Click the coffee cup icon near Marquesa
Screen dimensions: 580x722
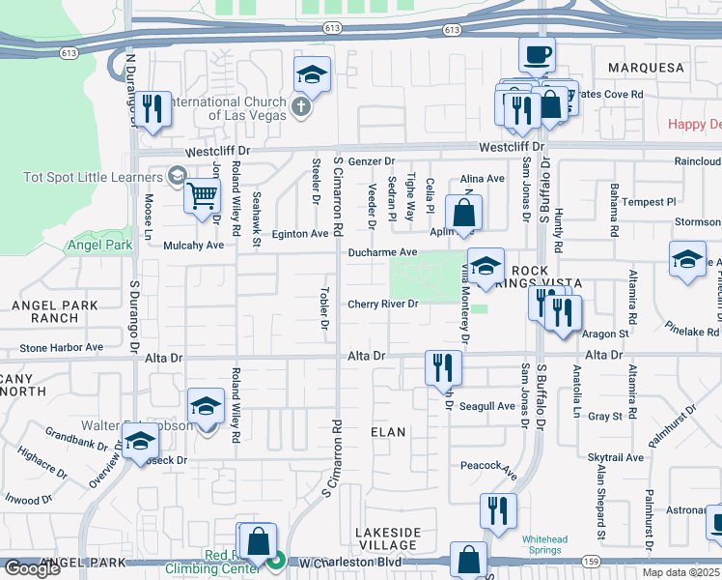tap(537, 54)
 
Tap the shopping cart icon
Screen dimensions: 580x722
tap(202, 195)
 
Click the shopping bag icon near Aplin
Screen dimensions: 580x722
tap(464, 212)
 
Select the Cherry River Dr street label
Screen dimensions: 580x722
tap(382, 304)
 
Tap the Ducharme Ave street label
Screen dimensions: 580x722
tap(382, 252)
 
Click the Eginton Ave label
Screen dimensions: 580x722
tap(299, 234)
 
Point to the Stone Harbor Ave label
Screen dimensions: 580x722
tap(61, 347)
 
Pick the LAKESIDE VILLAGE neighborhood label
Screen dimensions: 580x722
tap(387, 538)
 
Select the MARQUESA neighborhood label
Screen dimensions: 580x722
tap(646, 69)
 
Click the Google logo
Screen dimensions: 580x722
tap(32, 568)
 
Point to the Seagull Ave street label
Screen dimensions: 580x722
tap(486, 406)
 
